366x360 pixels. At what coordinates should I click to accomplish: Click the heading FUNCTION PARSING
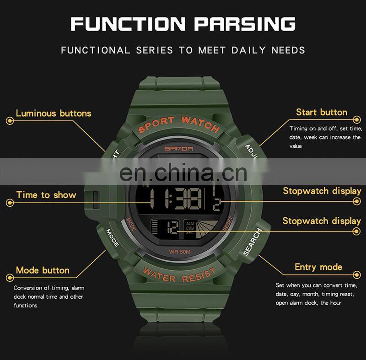[183, 23]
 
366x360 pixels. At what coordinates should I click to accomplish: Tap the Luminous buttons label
[54, 113]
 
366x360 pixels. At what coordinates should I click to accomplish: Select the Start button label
[321, 112]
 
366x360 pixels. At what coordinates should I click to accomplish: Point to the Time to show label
[46, 195]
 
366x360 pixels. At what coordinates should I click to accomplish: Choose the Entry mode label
[318, 267]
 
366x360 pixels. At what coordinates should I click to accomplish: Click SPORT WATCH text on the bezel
[178, 124]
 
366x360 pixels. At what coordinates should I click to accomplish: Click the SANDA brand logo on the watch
[182, 148]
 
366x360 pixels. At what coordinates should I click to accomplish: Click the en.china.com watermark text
[183, 172]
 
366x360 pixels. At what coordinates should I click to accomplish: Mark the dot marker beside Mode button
[9, 277]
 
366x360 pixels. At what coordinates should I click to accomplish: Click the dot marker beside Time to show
[9, 202]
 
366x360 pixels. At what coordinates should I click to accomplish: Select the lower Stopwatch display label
[321, 221]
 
